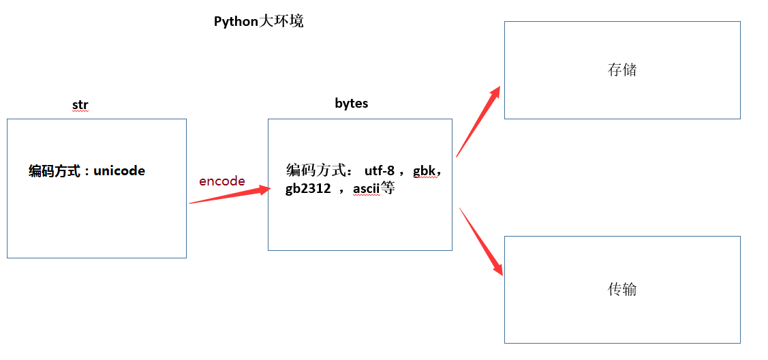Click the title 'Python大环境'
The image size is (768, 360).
click(x=258, y=21)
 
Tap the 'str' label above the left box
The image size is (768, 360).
click(x=80, y=105)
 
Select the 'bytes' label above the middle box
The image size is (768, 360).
click(x=352, y=104)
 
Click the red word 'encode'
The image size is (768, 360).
click(x=222, y=181)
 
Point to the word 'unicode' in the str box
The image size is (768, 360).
click(x=119, y=170)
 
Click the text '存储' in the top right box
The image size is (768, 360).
click(x=621, y=70)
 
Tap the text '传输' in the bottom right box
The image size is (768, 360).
click(x=621, y=289)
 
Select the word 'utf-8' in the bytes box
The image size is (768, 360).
click(x=380, y=170)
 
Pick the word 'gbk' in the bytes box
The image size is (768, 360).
click(x=427, y=170)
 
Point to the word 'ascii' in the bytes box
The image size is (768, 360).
click(x=367, y=189)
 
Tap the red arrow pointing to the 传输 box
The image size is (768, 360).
click(x=481, y=241)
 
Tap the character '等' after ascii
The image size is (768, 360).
click(x=388, y=189)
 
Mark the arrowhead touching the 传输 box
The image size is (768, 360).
click(x=497, y=267)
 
